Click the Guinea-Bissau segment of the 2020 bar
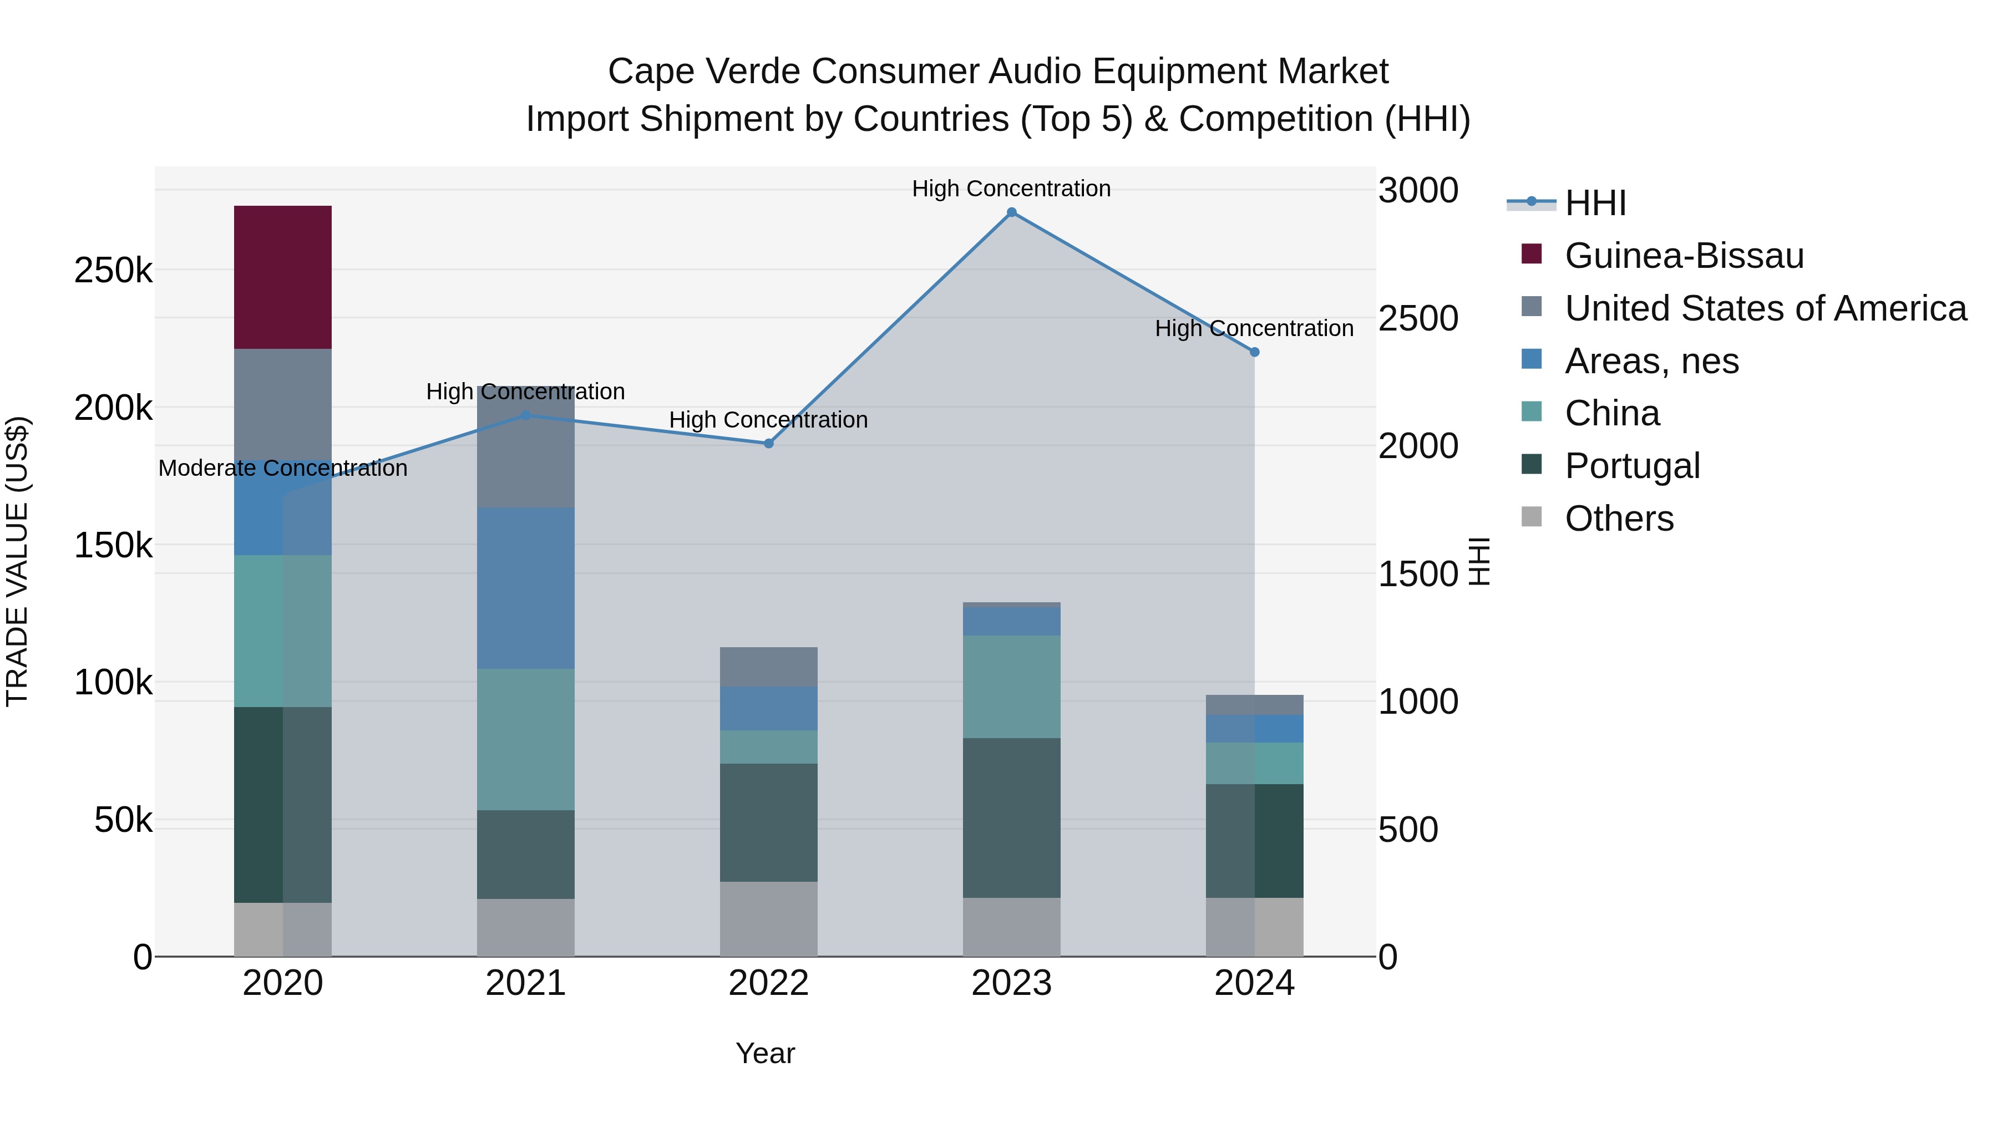[x=282, y=277]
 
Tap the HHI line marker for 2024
[x=1254, y=352]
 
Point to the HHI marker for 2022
[x=768, y=443]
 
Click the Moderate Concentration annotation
[x=282, y=468]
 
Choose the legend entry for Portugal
[x=1632, y=466]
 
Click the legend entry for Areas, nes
[x=1651, y=361]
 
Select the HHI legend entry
[x=1595, y=203]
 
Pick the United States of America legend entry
[x=1765, y=308]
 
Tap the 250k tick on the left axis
[x=113, y=271]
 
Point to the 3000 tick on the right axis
[x=1418, y=191]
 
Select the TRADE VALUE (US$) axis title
[x=17, y=561]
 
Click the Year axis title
[x=765, y=1053]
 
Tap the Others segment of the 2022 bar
[x=768, y=918]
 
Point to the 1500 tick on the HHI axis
[x=1418, y=575]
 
